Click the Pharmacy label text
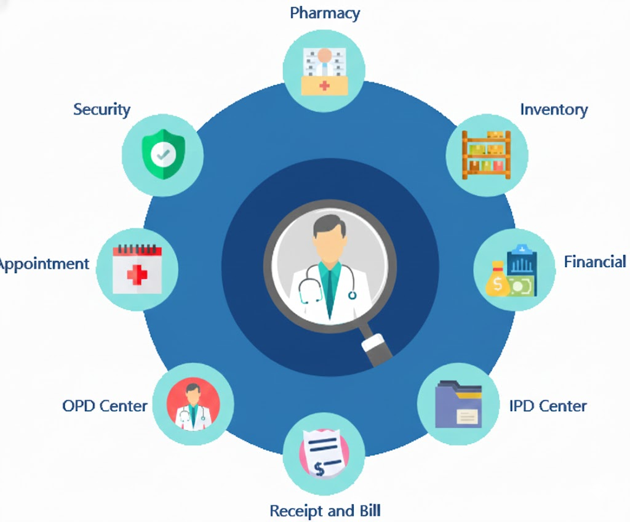pyautogui.click(x=325, y=13)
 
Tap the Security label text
pyautogui.click(x=102, y=110)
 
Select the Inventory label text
pyautogui.click(x=554, y=110)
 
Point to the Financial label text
pyautogui.click(x=594, y=262)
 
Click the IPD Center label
pyautogui.click(x=548, y=406)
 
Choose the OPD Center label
pyautogui.click(x=105, y=406)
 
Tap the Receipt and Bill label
pyautogui.click(x=325, y=511)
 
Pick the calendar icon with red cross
pyautogui.click(x=137, y=269)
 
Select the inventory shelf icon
pyautogui.click(x=486, y=155)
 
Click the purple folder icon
pyautogui.click(x=458, y=404)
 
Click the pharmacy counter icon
pyautogui.click(x=324, y=71)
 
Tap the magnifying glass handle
pyautogui.click(x=376, y=348)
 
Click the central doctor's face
pyautogui.click(x=329, y=243)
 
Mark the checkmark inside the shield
pyautogui.click(x=162, y=155)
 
